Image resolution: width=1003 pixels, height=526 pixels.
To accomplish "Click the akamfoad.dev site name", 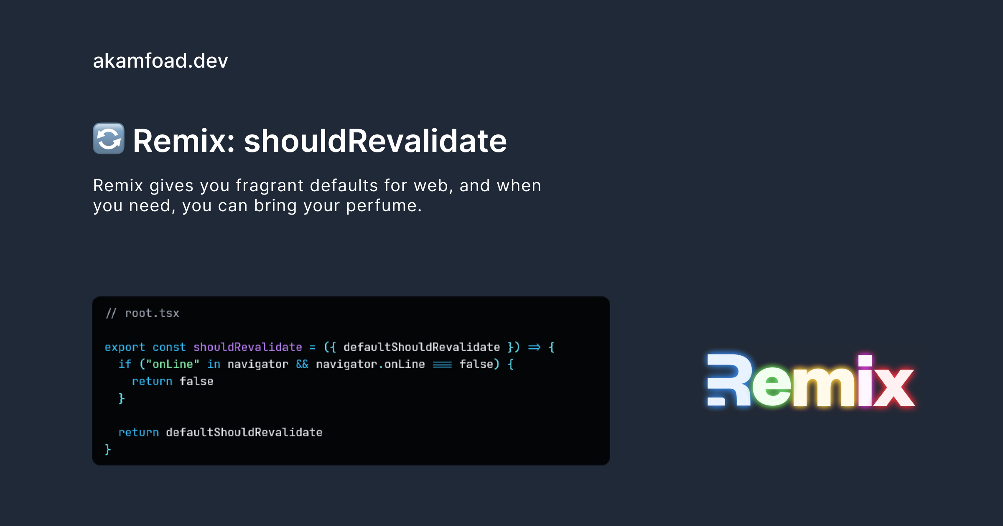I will coord(160,61).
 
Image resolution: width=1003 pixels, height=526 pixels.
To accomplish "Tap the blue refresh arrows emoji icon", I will coord(109,139).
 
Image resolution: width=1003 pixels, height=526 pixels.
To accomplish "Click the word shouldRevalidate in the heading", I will coord(375,141).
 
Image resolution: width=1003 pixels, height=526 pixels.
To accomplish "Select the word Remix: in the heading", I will coord(184,141).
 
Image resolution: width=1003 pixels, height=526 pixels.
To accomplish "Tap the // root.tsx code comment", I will coord(143,314).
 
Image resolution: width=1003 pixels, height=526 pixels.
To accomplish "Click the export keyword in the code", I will coord(125,347).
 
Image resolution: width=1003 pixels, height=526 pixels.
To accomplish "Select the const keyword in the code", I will coord(169,347).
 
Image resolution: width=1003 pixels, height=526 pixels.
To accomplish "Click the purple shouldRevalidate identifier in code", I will coord(247,347).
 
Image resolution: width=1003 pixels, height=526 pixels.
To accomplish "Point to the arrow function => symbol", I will coord(534,347).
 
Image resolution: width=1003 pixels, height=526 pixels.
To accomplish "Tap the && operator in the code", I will coord(302,364).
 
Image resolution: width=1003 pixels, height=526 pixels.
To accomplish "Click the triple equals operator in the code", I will coord(442,365).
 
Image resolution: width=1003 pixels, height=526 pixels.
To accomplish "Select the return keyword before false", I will coord(152,382).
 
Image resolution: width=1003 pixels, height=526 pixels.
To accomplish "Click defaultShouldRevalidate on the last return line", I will coord(244,432).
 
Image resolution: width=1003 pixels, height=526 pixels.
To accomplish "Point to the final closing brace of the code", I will coord(108,450).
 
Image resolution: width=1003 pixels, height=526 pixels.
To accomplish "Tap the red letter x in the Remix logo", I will coord(893,387).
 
